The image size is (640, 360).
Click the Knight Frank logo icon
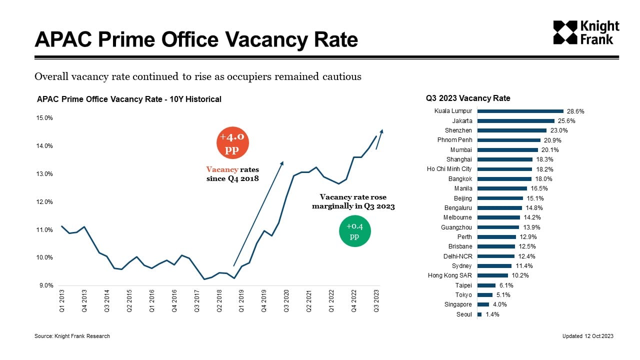(564, 32)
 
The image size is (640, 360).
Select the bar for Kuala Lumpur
(520, 111)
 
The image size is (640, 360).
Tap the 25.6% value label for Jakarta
(566, 121)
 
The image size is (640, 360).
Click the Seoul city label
(464, 314)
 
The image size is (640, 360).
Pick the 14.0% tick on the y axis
(45, 146)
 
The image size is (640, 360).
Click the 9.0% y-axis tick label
(45, 285)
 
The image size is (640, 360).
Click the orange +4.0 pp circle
(232, 143)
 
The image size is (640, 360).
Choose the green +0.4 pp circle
(354, 231)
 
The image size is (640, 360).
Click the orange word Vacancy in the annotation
(222, 170)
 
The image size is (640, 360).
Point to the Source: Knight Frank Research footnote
(72, 336)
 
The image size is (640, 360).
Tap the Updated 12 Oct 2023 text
(587, 336)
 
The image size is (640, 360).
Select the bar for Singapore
(483, 304)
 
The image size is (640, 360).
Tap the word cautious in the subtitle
(344, 77)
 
